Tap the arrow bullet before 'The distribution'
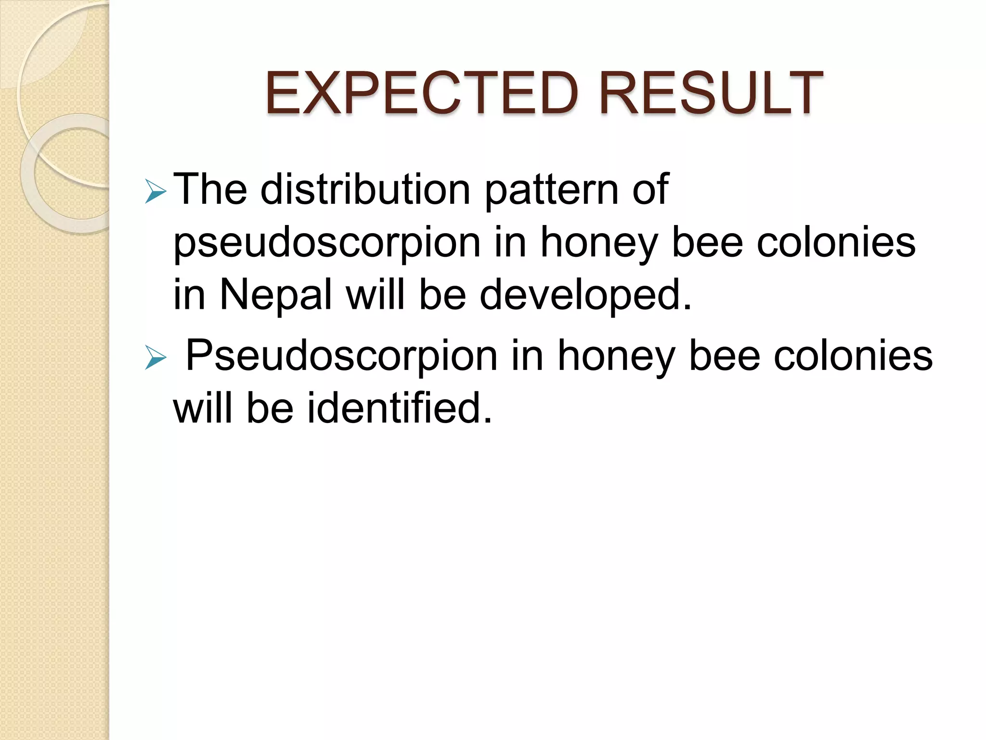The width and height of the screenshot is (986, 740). click(155, 193)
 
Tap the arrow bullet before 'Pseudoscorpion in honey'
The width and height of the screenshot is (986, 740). click(155, 359)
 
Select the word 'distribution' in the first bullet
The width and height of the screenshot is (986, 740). click(365, 189)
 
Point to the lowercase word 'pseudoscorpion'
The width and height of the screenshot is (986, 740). click(327, 244)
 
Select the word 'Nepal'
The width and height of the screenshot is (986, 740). click(276, 295)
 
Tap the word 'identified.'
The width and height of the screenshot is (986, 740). click(399, 408)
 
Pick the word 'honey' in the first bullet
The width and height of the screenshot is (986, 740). click(599, 244)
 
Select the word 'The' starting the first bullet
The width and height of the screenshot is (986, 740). click(210, 189)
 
